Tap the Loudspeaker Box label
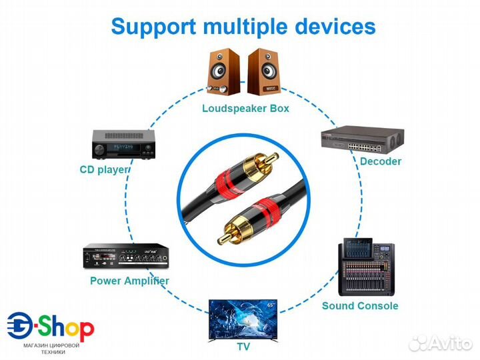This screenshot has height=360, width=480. [x=246, y=108]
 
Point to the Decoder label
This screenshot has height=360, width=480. [x=381, y=161]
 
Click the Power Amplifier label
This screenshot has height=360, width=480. [x=129, y=281]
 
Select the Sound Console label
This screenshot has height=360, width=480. [x=360, y=306]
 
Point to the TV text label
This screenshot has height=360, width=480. [x=244, y=347]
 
